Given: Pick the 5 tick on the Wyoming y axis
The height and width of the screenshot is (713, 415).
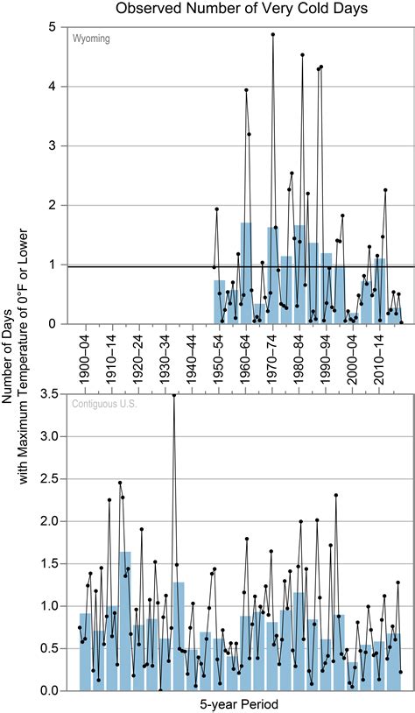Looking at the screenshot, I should click(54, 27).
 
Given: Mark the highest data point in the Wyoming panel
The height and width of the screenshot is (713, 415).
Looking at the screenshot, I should click(273, 34).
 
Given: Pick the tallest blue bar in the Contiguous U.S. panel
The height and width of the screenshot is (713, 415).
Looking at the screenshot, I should click(125, 622).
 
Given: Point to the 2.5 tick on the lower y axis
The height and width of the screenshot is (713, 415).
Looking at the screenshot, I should click(49, 479).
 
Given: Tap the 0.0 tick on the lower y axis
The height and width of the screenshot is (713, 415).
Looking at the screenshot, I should click(49, 691).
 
